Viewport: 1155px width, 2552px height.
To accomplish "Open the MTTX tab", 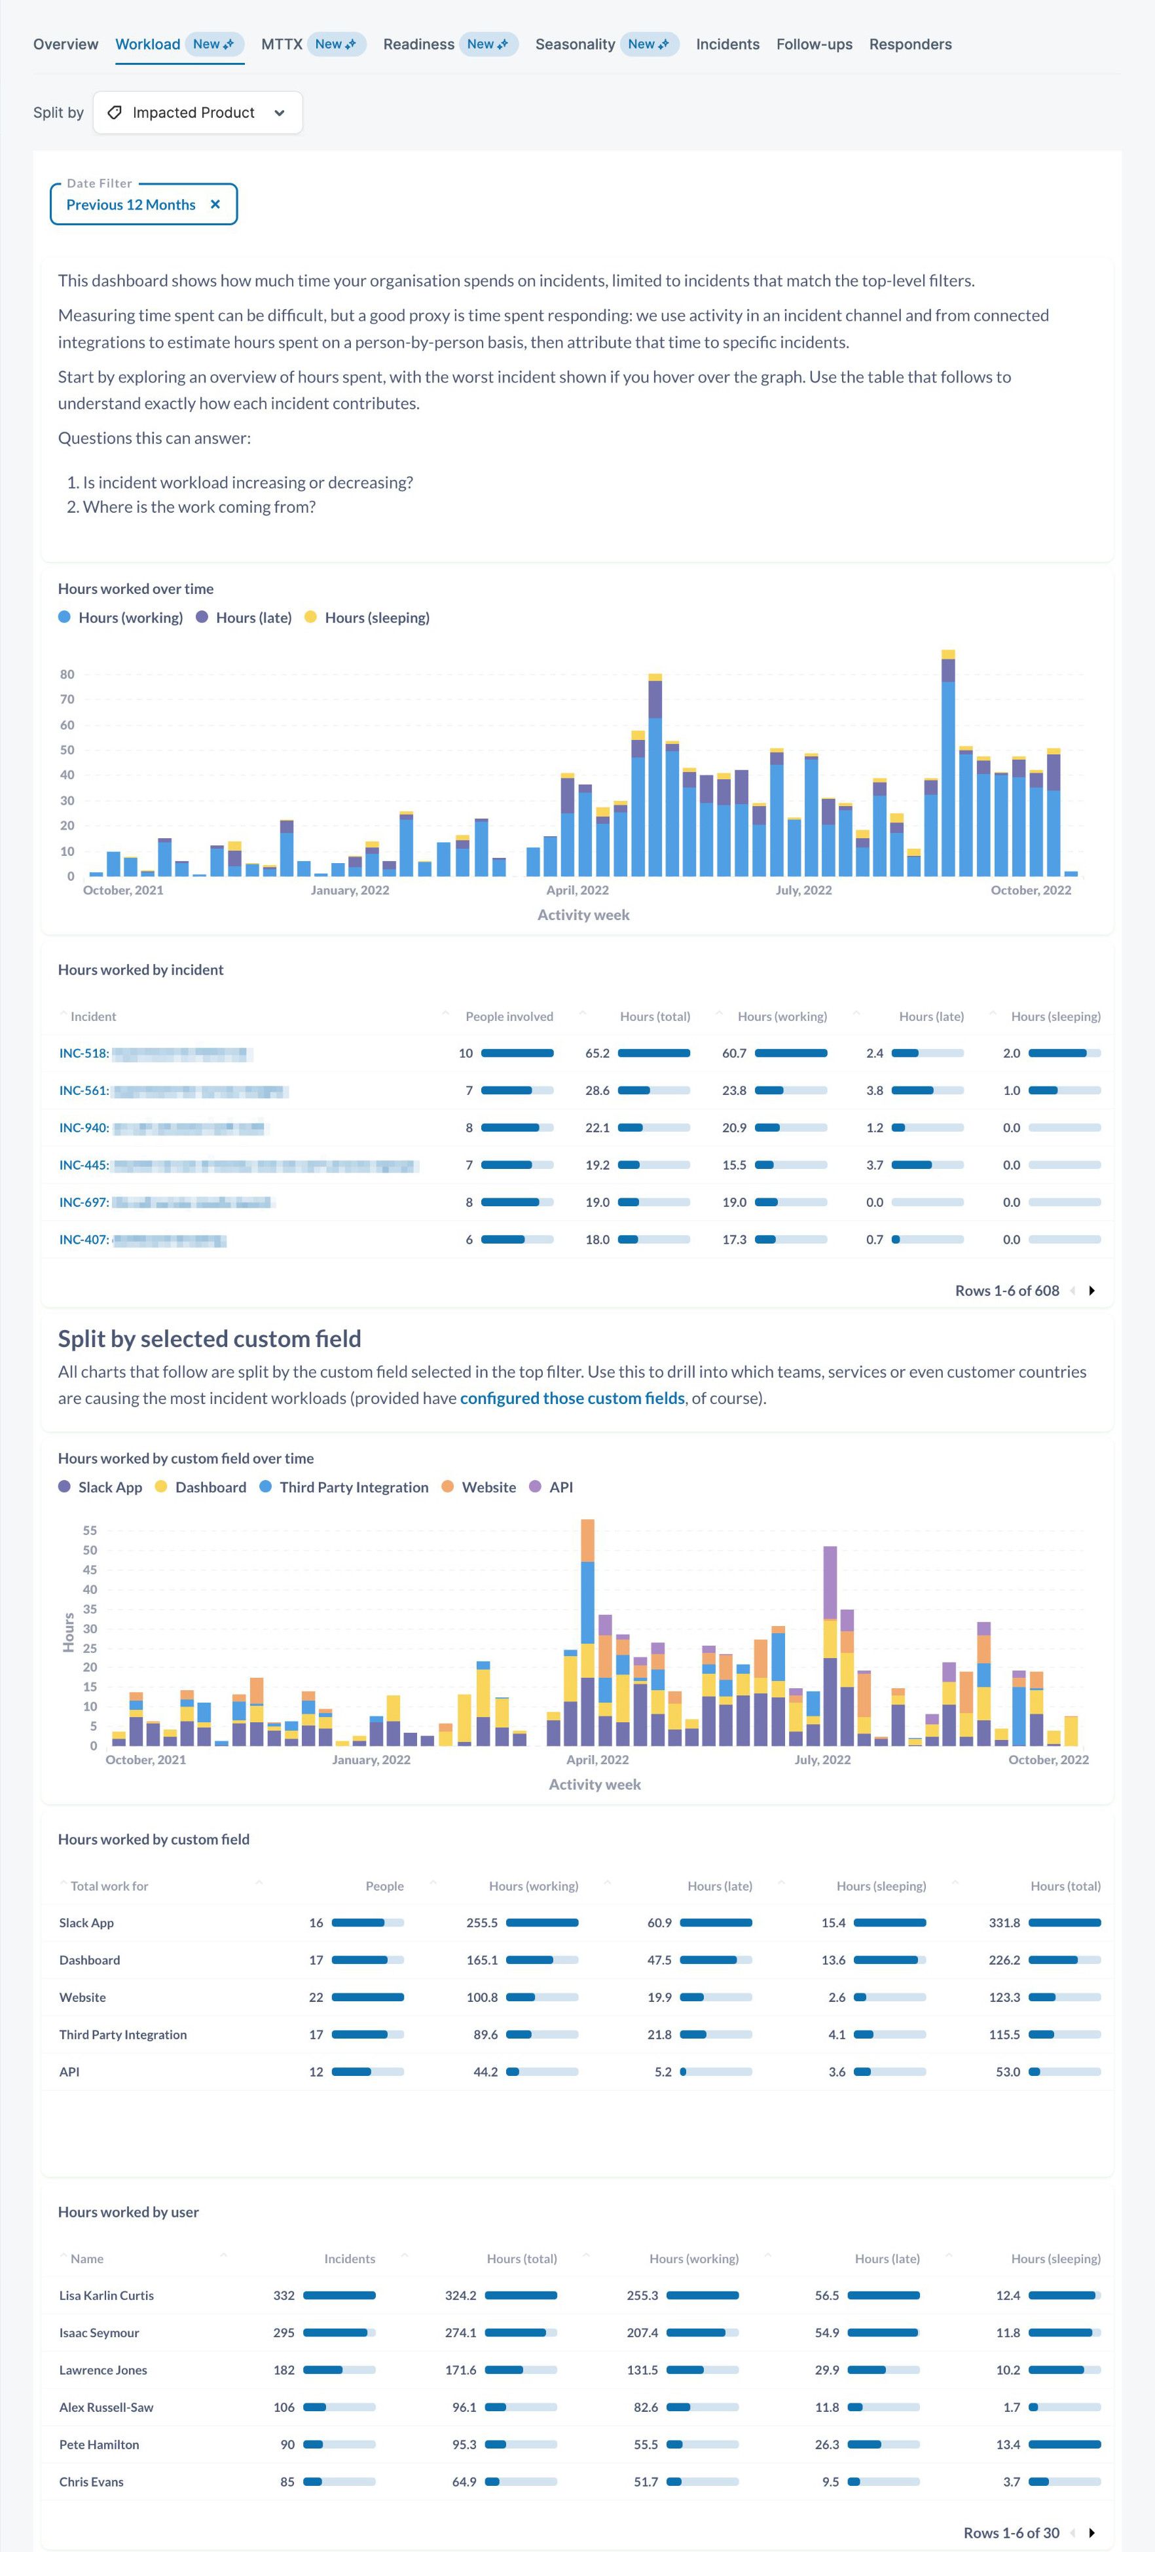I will tap(282, 45).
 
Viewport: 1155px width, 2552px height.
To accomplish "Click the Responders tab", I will tap(909, 45).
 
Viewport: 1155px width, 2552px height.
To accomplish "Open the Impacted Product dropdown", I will tap(197, 113).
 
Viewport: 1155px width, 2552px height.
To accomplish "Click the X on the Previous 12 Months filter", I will tap(215, 205).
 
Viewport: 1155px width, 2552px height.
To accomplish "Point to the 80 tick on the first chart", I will tap(67, 675).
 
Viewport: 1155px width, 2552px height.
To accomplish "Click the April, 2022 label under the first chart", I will tap(577, 891).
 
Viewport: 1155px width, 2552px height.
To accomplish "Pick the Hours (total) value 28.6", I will tap(597, 1091).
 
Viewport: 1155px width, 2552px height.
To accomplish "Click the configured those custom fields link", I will tap(572, 1398).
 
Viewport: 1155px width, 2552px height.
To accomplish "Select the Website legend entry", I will tap(488, 1487).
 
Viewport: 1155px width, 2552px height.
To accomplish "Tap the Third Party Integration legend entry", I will tap(354, 1487).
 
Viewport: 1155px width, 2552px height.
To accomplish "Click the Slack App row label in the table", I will tap(86, 1923).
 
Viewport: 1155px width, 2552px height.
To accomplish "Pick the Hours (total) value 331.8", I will tap(1004, 1923).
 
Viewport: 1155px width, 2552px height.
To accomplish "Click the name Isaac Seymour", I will tap(99, 2333).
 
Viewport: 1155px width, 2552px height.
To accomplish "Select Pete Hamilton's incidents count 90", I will tap(287, 2445).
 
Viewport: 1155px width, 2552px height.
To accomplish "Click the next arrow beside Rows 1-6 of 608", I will tap(1091, 1291).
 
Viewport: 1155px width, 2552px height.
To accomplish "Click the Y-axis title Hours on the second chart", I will tap(68, 1632).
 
